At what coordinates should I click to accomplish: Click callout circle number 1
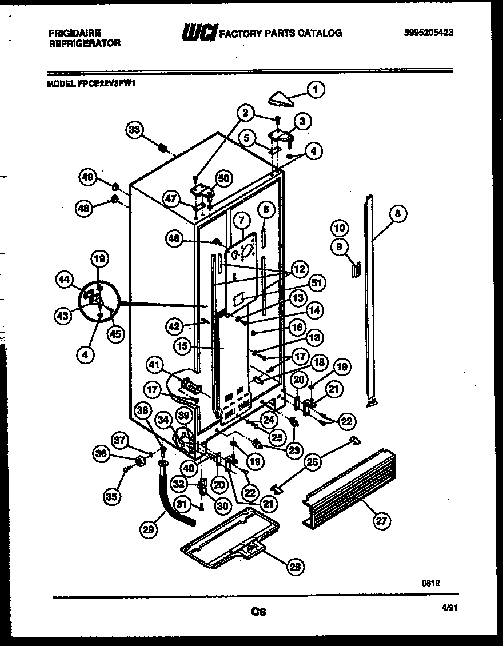click(315, 89)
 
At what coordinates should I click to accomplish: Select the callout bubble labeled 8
click(398, 214)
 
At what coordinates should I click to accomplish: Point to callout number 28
click(294, 567)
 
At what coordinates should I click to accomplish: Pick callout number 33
click(134, 130)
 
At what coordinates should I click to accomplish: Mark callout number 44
click(65, 280)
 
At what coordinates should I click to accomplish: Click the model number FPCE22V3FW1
click(107, 82)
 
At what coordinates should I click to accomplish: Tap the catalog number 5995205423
click(428, 33)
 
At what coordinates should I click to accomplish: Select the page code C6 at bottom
click(259, 612)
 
